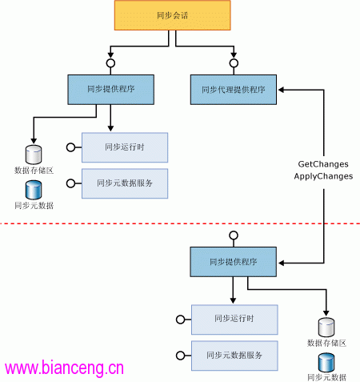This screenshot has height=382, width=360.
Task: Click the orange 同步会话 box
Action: click(172, 15)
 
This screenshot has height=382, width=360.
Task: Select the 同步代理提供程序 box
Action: click(234, 90)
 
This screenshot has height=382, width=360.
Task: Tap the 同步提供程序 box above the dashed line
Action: click(110, 90)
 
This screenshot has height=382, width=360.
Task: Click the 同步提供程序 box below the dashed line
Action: click(233, 262)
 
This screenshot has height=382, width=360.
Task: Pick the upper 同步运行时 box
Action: click(125, 147)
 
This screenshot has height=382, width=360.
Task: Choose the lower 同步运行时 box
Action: click(234, 320)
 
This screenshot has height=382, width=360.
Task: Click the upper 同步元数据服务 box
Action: click(125, 183)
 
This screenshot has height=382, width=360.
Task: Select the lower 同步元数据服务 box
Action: click(234, 356)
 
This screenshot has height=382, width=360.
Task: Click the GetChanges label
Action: click(323, 164)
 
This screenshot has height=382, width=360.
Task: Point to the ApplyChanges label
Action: click(323, 176)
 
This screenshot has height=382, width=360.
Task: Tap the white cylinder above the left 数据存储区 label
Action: click(34, 155)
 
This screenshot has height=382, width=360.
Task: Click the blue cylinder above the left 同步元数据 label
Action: click(34, 190)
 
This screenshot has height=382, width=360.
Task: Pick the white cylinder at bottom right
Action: click(326, 328)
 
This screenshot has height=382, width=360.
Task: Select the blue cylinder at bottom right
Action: click(326, 363)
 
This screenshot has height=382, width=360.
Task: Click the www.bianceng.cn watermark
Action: click(64, 368)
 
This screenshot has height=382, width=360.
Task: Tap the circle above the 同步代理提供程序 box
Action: click(234, 63)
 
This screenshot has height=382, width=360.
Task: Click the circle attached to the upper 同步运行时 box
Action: click(70, 147)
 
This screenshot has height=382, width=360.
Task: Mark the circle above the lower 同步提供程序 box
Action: click(234, 235)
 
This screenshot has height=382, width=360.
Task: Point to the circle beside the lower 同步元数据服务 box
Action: click(181, 356)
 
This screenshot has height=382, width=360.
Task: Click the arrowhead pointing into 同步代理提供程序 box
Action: click(281, 90)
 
